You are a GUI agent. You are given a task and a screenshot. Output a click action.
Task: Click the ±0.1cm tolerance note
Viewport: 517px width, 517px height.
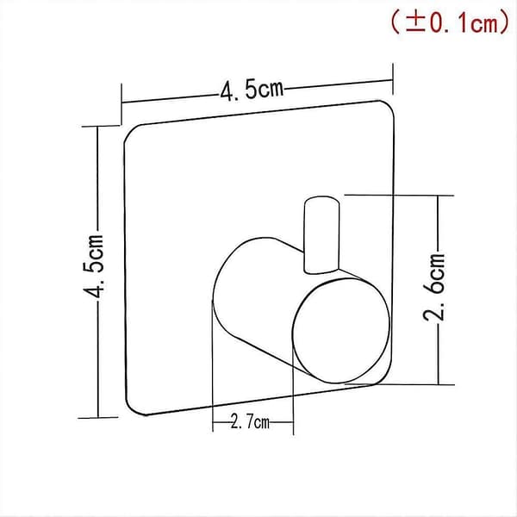pyautogui.click(x=450, y=22)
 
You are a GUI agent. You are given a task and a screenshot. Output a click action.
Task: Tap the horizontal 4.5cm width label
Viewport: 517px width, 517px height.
pyautogui.click(x=252, y=90)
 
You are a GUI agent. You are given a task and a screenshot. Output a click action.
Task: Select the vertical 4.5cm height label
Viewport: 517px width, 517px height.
pyautogui.click(x=94, y=265)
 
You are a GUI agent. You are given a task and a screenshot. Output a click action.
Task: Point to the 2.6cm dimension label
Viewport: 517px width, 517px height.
pyautogui.click(x=434, y=287)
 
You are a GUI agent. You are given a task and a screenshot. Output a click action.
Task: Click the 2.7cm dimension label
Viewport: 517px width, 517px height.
pyautogui.click(x=250, y=421)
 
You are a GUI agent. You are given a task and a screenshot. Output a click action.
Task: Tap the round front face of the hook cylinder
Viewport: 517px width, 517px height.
pyautogui.click(x=341, y=331)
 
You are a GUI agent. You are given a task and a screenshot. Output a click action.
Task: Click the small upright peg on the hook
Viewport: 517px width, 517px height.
pyautogui.click(x=321, y=234)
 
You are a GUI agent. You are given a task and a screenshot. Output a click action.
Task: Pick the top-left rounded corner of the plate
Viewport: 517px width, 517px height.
pyautogui.click(x=131, y=132)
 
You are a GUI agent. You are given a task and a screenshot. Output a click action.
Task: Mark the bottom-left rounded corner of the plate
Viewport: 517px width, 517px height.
pyautogui.click(x=134, y=408)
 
